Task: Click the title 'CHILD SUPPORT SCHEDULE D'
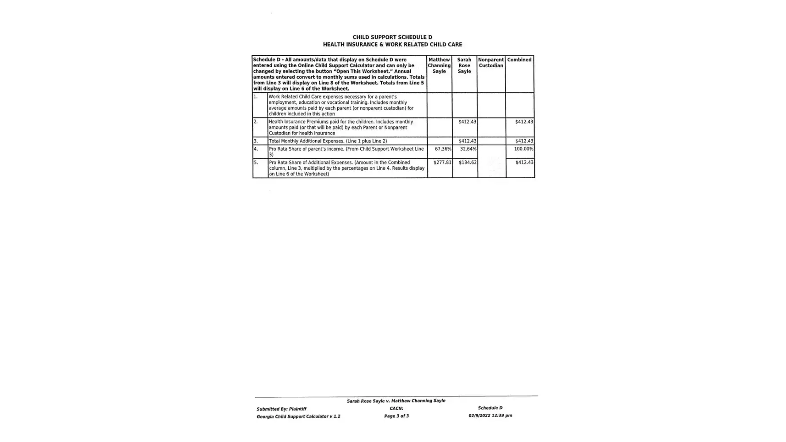click(392, 37)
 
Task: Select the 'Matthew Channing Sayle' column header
click(439, 65)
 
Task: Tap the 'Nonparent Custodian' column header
click(491, 63)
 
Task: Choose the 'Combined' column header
click(519, 60)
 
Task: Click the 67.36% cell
click(443, 149)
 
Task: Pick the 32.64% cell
click(468, 149)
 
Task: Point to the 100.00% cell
click(523, 149)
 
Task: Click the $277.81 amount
click(442, 163)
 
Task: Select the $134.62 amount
click(467, 163)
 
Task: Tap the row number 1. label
click(256, 96)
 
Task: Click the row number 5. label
click(256, 163)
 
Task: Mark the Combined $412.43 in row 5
click(524, 163)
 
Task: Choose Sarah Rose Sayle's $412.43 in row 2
click(467, 122)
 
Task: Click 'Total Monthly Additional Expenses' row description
click(328, 141)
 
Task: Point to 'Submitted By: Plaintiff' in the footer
click(281, 409)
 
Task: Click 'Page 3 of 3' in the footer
click(396, 416)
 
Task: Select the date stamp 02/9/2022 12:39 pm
click(490, 415)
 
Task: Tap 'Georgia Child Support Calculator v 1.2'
click(298, 416)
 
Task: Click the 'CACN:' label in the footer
click(396, 408)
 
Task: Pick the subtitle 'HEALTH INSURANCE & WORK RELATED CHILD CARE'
click(392, 45)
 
